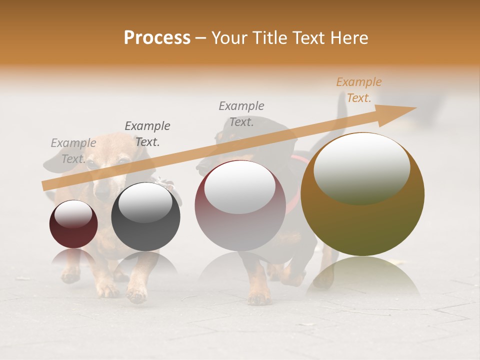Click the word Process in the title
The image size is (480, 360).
tap(157, 38)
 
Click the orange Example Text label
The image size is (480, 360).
tap(358, 90)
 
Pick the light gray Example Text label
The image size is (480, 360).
tap(73, 151)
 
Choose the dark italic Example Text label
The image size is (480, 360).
tap(147, 134)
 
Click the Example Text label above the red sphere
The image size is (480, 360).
tap(241, 113)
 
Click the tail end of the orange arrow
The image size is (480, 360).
tap(45, 185)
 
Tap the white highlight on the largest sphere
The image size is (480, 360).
tap(361, 167)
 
